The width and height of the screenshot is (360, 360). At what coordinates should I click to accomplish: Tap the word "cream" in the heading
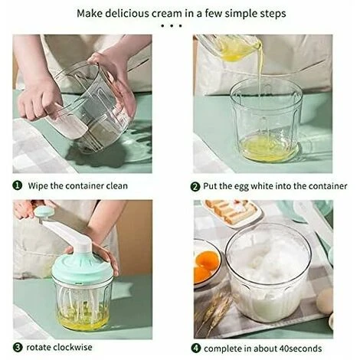[166, 14]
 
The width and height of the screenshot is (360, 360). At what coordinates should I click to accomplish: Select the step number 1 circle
[18, 185]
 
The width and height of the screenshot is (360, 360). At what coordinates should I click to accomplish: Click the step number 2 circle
[195, 187]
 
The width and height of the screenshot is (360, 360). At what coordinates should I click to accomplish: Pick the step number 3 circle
[18, 348]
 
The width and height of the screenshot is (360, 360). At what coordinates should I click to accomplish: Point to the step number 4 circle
[195, 349]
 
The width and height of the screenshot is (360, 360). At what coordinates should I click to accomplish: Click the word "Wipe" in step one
[38, 186]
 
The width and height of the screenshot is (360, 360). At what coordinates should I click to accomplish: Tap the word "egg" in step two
[240, 187]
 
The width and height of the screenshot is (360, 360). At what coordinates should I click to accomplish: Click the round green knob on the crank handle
[44, 211]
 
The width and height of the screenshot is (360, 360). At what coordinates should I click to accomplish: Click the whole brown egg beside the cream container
[325, 300]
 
